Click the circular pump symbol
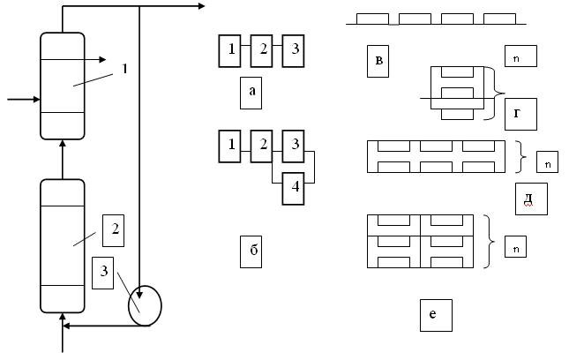(146, 305)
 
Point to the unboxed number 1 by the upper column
(124, 68)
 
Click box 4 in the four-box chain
(295, 188)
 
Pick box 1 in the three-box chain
(231, 49)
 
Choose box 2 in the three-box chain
(262, 49)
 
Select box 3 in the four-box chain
(295, 144)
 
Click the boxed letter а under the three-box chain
(252, 92)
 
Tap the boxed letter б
(253, 251)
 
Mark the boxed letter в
(378, 61)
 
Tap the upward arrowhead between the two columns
(63, 144)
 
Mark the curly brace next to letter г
(498, 93)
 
